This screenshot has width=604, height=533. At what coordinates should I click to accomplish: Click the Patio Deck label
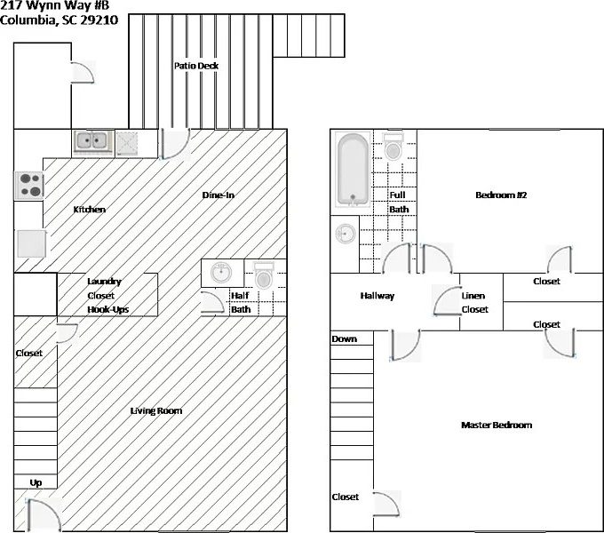[196, 66]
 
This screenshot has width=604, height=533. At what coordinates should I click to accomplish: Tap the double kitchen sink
[91, 140]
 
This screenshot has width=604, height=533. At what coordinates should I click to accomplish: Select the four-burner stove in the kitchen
[29, 184]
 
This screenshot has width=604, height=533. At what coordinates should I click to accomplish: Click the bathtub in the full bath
[353, 171]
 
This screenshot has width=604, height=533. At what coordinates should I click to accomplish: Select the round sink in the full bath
[345, 234]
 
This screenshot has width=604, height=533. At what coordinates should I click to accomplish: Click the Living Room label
[156, 410]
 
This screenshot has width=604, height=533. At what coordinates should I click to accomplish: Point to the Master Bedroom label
[497, 426]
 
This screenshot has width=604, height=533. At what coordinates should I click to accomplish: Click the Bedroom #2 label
[502, 195]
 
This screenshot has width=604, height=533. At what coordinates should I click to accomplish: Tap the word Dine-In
[218, 195]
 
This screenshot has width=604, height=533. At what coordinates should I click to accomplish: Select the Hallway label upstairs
[377, 296]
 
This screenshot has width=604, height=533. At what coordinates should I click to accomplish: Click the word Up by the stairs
[36, 482]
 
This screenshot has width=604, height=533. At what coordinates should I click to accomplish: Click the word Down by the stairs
[344, 339]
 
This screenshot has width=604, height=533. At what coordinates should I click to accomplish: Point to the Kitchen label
[89, 210]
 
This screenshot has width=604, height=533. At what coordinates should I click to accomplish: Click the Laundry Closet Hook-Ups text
[104, 295]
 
